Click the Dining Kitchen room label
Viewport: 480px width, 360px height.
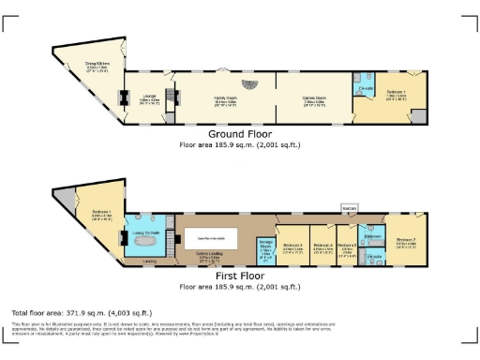(x=98, y=66)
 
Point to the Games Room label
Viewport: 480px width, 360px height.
(x=314, y=99)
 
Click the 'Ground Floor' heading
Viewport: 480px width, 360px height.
(x=240, y=136)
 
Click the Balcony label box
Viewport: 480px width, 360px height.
(x=349, y=208)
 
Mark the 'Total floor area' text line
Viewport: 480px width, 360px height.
(x=81, y=311)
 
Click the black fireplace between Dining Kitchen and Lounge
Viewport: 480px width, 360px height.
(x=120, y=96)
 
